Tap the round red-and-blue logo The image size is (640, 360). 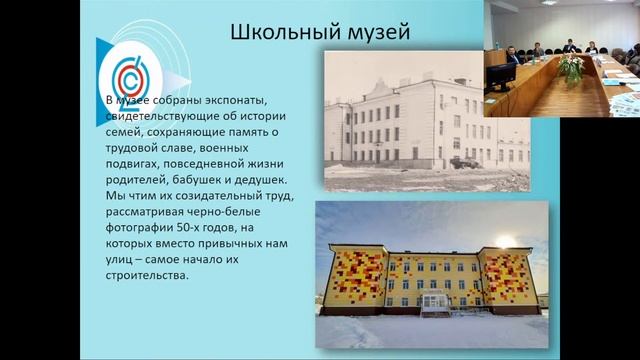(130, 79)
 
